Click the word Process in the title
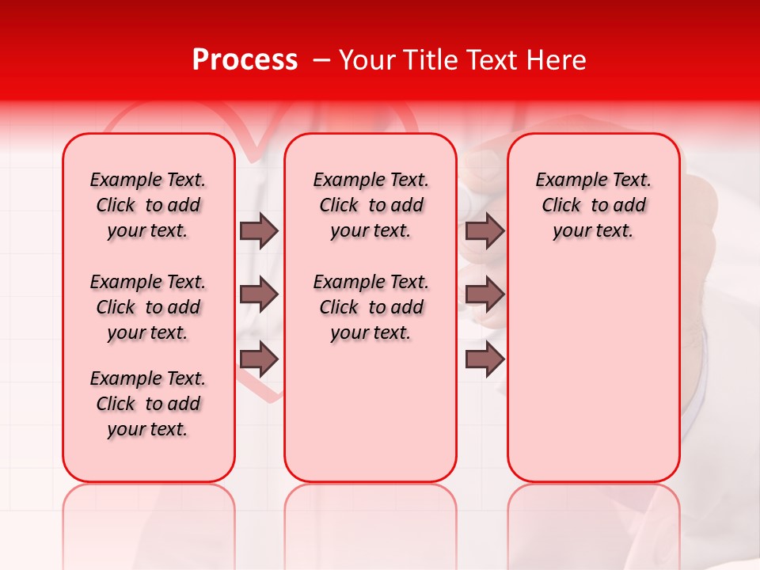(245, 60)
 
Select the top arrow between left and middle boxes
(259, 230)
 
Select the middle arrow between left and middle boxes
(259, 294)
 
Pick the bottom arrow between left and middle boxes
(259, 359)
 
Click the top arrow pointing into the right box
(484, 230)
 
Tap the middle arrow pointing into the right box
(484, 294)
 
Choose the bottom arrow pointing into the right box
(484, 359)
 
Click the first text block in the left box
(148, 205)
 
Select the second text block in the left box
(148, 307)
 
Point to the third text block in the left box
(148, 404)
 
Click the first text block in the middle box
(370, 205)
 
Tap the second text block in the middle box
(370, 307)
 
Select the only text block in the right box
(593, 205)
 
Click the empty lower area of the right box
(593, 372)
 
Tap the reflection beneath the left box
(148, 515)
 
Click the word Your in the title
(367, 60)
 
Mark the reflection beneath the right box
(593, 515)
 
